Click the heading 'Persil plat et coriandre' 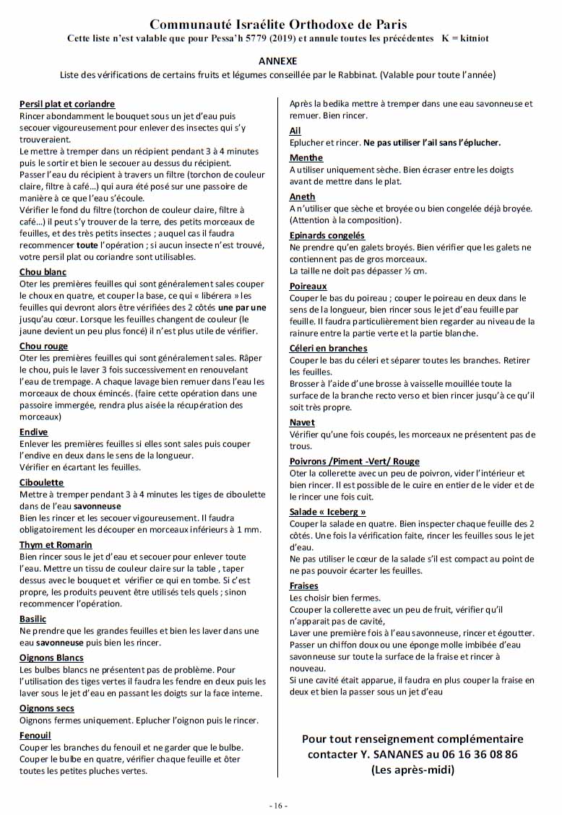[x=67, y=105]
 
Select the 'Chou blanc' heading [x=43, y=272]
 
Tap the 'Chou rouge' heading [x=43, y=347]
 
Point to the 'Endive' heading [x=34, y=432]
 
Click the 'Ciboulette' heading [x=42, y=482]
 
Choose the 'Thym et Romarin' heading [x=56, y=545]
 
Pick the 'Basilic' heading [x=33, y=619]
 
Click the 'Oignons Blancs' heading [x=51, y=658]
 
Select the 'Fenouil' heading [x=35, y=735]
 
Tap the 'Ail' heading [x=295, y=131]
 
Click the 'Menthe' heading [x=306, y=157]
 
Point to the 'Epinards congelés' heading [x=327, y=235]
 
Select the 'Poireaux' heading [x=308, y=286]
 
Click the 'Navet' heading [x=302, y=422]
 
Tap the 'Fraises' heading [x=304, y=585]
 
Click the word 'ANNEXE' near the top [x=278, y=61]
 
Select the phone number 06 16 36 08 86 [x=470, y=754]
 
